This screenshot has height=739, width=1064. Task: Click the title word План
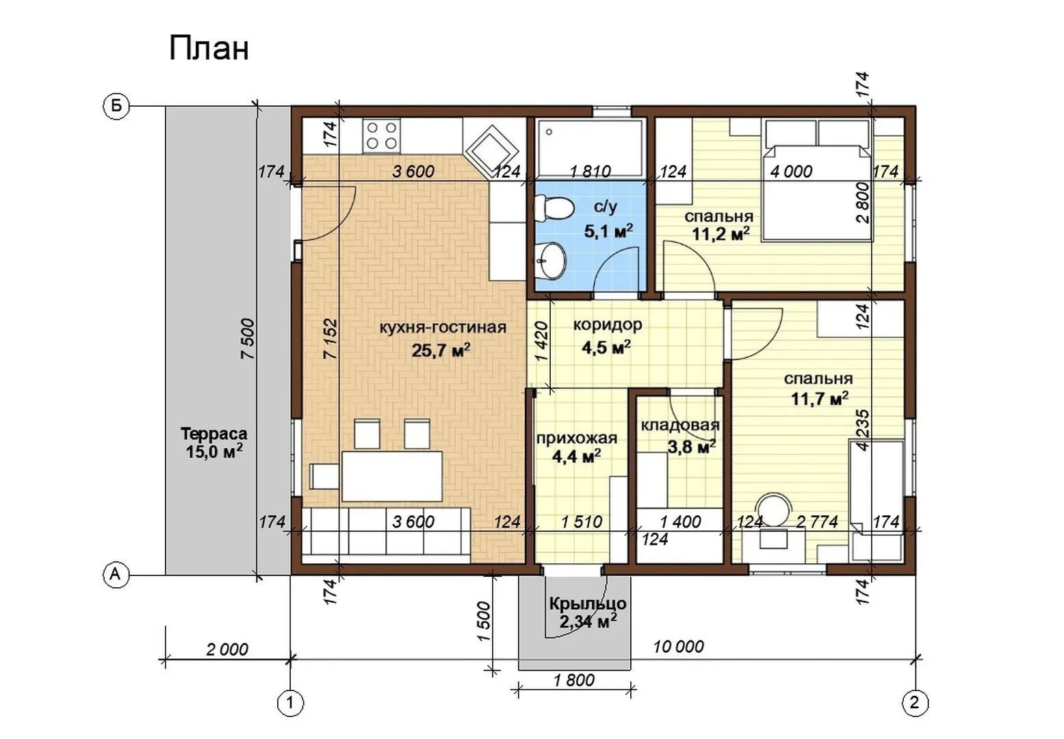[x=209, y=49]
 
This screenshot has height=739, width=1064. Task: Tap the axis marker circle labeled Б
[x=116, y=106]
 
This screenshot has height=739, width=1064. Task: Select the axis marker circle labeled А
[x=116, y=575]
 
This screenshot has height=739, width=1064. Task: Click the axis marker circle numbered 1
[x=290, y=703]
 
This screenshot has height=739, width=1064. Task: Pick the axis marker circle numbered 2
[x=915, y=703]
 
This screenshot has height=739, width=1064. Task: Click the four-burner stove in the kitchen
[x=381, y=135]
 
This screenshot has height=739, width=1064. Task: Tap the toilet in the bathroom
[x=554, y=209]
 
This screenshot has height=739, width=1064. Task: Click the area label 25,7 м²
[x=441, y=350]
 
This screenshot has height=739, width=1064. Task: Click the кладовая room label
[x=679, y=425]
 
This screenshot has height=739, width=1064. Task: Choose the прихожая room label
[x=577, y=438]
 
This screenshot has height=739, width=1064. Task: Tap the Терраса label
[x=214, y=434]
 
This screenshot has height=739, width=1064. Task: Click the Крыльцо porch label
[x=588, y=604]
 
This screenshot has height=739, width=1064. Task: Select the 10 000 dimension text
[x=678, y=647]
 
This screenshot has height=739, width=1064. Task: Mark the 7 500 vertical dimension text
[x=248, y=339]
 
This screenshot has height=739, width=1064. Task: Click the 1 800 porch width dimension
[x=574, y=680]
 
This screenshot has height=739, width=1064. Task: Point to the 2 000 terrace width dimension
[x=227, y=649]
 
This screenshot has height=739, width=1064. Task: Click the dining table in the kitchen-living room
[x=392, y=476]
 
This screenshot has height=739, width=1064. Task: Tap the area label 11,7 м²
[x=819, y=399]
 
